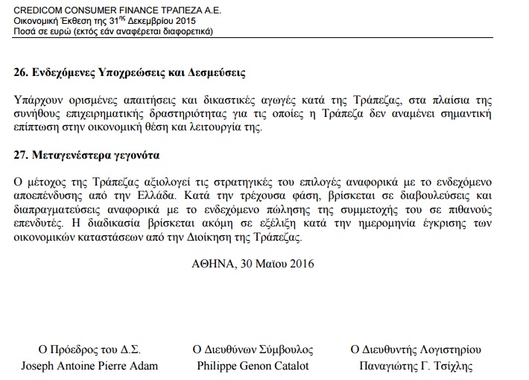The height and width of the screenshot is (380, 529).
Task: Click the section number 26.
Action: [x=21, y=73]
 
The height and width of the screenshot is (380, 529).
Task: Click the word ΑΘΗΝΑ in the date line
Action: [x=212, y=263]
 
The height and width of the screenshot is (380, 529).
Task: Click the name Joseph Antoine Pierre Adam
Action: [x=89, y=365]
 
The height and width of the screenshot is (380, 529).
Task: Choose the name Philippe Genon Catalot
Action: [x=253, y=365]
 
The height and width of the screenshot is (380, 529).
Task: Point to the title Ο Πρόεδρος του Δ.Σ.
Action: [x=89, y=349]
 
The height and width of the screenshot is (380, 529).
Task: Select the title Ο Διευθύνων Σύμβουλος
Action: [x=253, y=349]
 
